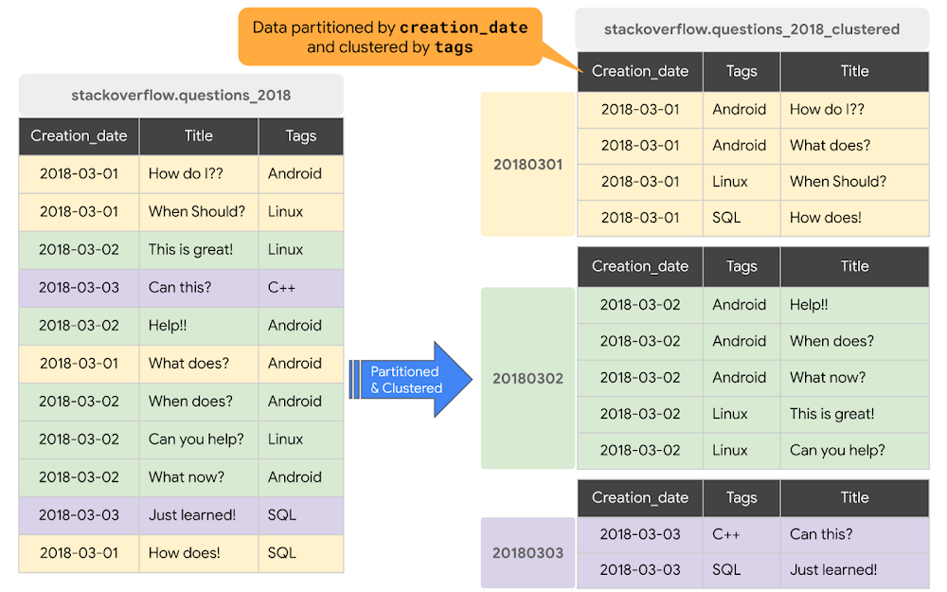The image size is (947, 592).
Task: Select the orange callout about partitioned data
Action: tap(389, 37)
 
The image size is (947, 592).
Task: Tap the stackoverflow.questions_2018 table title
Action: tap(181, 95)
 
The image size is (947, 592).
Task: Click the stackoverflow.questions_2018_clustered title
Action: tap(752, 28)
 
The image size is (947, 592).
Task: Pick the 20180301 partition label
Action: tap(527, 164)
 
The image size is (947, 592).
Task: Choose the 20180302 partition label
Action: tap(527, 378)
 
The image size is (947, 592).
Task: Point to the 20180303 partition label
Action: tap(527, 552)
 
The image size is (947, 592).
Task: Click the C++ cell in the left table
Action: tap(282, 287)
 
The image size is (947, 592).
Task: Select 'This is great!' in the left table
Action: tap(190, 249)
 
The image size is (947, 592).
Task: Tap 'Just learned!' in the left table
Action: tap(192, 514)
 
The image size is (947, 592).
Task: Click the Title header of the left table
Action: tap(199, 135)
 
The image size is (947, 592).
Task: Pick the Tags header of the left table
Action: tap(300, 135)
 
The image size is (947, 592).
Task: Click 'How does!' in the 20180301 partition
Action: tap(825, 217)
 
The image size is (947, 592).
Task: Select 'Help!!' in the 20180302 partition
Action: tap(809, 304)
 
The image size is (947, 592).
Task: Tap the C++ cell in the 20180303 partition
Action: tap(726, 533)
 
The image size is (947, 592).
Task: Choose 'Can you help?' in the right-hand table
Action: tap(837, 450)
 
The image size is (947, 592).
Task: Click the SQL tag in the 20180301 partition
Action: tap(726, 217)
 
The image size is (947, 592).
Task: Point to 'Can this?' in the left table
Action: tap(180, 287)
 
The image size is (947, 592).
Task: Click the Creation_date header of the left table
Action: tap(79, 135)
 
